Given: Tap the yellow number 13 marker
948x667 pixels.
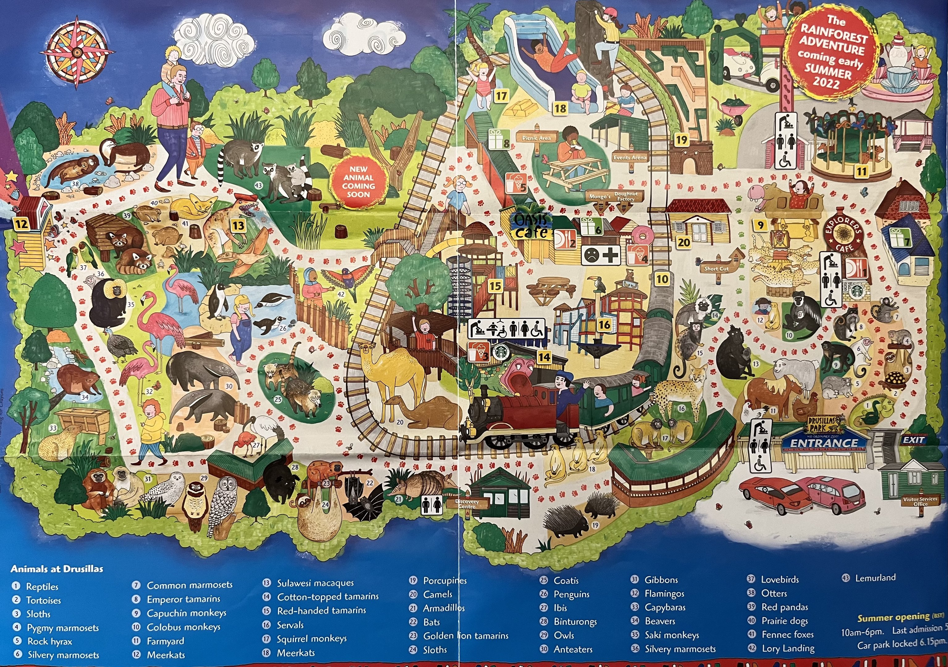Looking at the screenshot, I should point(238,225).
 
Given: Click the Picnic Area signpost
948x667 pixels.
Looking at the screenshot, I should point(536,138).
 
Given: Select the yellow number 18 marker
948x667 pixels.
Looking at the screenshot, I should point(560,109).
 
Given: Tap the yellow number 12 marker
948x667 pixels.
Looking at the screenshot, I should point(22,224).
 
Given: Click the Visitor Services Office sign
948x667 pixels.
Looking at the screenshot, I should point(920,501).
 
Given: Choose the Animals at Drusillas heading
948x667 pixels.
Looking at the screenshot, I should point(57,569).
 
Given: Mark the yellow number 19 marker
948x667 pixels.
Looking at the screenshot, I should point(681,140).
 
